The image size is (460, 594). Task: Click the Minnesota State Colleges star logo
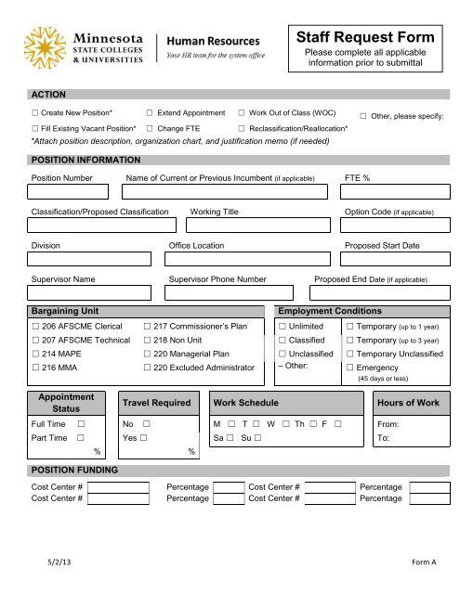(46, 47)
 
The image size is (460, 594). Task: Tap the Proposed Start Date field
(390, 260)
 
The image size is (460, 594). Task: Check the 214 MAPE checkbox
(35, 354)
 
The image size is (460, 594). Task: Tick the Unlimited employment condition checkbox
(283, 327)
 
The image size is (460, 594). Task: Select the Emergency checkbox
(349, 368)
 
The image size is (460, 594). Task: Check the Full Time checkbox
(82, 423)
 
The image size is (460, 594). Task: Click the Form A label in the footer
(427, 563)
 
